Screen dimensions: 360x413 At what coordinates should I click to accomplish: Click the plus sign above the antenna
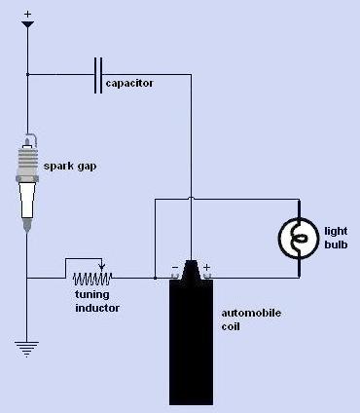tap(28, 14)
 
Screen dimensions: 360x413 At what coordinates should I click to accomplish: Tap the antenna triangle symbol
tap(27, 24)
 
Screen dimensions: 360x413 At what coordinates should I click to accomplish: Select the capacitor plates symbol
tap(98, 75)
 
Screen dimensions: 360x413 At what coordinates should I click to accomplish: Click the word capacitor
tap(129, 84)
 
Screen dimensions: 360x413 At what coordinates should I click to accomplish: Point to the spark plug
tap(27, 182)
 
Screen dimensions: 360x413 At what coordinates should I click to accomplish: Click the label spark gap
tap(70, 167)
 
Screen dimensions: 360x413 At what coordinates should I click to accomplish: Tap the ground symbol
tap(26, 349)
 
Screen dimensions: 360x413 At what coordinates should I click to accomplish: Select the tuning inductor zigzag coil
tap(92, 279)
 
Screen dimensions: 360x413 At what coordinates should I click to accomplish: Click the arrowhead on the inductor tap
tap(102, 268)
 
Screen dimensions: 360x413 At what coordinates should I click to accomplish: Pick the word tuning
tap(92, 295)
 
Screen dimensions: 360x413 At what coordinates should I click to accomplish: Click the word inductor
tap(97, 308)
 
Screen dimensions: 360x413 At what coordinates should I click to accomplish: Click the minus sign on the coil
tap(175, 268)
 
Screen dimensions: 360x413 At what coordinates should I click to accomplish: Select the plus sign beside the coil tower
tap(206, 267)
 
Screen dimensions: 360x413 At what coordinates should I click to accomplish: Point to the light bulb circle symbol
tap(299, 239)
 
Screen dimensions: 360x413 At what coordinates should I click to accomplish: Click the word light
tap(336, 232)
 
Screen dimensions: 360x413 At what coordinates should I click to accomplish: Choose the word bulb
tap(336, 244)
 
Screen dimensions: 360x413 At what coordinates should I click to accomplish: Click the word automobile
tap(251, 314)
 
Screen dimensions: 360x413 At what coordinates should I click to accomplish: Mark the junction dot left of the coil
tap(155, 278)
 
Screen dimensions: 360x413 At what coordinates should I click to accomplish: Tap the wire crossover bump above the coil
tap(191, 198)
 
